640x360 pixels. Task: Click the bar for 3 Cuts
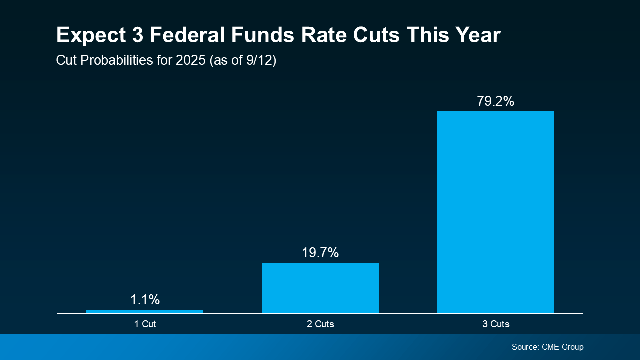point(495,212)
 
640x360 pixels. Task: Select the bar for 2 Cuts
point(320,288)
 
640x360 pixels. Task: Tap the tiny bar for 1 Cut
point(145,312)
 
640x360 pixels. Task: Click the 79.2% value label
point(495,101)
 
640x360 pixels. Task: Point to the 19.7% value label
point(320,253)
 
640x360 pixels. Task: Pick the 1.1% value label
point(145,300)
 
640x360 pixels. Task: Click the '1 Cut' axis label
point(145,324)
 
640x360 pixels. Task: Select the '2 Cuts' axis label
point(320,324)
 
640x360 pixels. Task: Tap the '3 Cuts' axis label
point(496,324)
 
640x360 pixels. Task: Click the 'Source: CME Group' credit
point(547,347)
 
